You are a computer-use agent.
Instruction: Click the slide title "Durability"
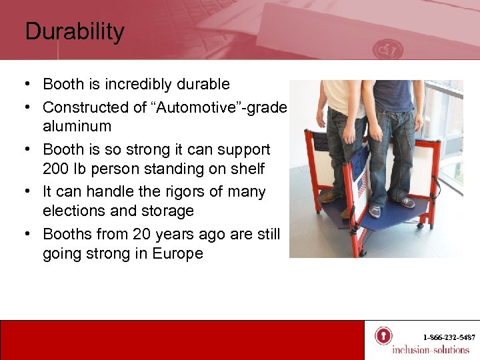[75, 32]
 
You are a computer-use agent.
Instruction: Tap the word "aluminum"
[77, 126]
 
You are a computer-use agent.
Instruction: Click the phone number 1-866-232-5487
[449, 337]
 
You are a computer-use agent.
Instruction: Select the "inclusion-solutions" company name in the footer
[431, 349]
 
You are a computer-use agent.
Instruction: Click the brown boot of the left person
[327, 197]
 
